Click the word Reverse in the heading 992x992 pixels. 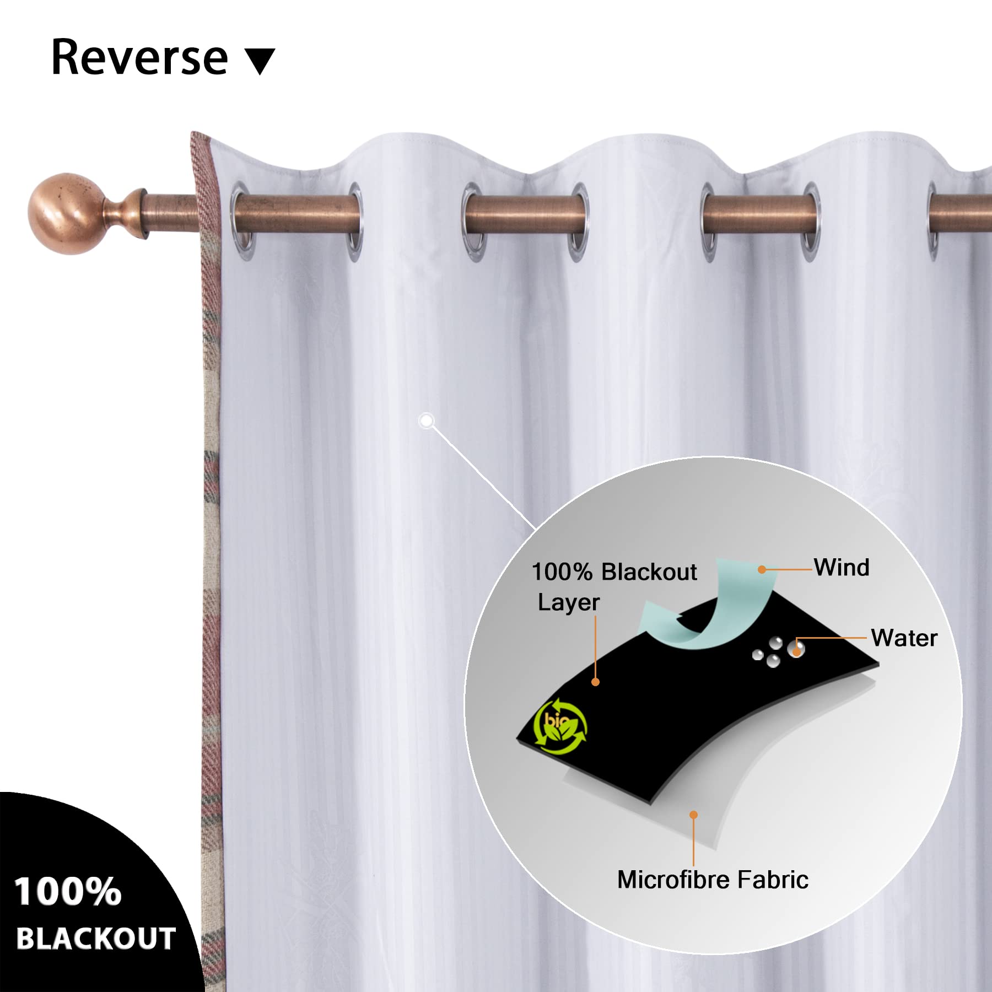click(139, 58)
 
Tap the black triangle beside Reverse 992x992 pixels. click(260, 61)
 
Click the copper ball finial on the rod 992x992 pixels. click(65, 214)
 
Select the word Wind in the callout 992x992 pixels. click(842, 568)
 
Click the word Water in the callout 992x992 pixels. click(904, 638)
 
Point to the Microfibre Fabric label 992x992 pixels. click(713, 880)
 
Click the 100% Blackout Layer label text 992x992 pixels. click(613, 586)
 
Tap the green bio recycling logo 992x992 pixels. click(560, 725)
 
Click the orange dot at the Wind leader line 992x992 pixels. click(762, 569)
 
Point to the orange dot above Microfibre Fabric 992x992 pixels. click(693, 815)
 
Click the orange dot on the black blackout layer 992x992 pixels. click(595, 682)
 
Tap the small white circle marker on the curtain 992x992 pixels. click(426, 421)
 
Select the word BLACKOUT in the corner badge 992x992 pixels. click(96, 939)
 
